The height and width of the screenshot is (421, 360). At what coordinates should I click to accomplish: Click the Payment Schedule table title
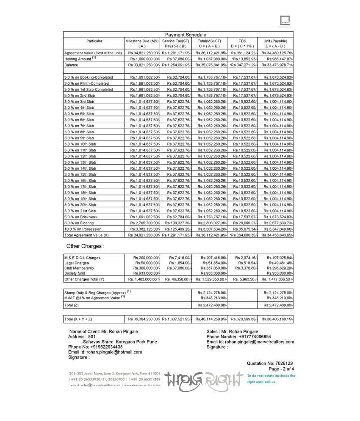point(186,35)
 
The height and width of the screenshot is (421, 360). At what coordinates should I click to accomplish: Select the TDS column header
point(242,41)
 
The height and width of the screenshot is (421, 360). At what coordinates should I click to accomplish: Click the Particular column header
point(94,41)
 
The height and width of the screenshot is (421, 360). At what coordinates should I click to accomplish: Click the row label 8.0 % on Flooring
point(80,223)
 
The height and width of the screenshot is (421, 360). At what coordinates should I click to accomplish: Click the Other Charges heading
point(85,246)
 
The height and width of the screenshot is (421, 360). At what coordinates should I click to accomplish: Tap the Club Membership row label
point(79,268)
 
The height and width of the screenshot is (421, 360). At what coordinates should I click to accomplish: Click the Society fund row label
point(75,273)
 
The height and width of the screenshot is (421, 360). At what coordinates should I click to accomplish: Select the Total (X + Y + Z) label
point(78,319)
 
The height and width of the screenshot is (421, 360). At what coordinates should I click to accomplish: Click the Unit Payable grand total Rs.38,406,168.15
point(277,319)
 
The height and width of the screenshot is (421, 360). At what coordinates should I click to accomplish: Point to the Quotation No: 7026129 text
point(270,363)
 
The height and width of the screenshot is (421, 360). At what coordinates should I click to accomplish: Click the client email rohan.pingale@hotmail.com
point(105,352)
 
